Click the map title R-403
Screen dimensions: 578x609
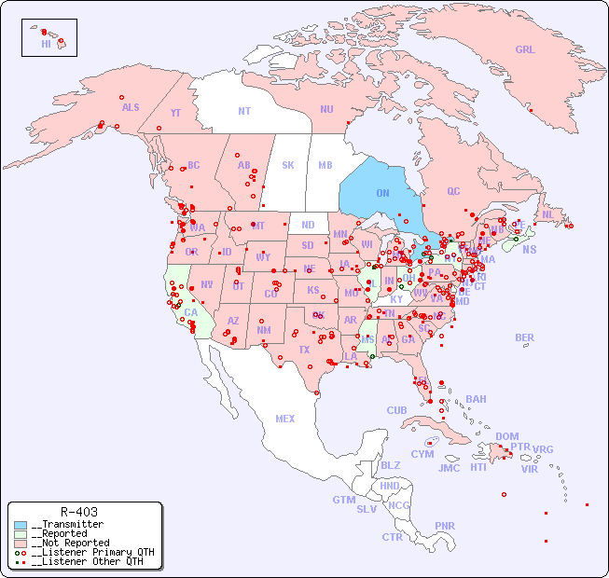tap(78, 512)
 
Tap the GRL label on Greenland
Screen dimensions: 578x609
tap(525, 50)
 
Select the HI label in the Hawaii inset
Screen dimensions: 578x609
tap(46, 43)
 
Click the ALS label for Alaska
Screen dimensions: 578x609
tap(131, 107)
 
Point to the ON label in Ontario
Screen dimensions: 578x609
tap(382, 193)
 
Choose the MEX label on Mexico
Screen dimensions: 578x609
tap(285, 419)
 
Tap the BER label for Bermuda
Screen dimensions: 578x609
tap(524, 337)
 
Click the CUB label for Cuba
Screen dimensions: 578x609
tap(396, 410)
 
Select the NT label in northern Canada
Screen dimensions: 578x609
tap(243, 110)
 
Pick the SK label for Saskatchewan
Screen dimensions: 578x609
tap(288, 165)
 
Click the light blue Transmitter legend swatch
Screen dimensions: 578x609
tap(21, 525)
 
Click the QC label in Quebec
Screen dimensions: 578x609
tap(453, 191)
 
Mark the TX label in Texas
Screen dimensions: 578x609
tap(303, 350)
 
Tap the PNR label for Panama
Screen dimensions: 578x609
tap(445, 526)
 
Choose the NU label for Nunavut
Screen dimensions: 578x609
tap(326, 109)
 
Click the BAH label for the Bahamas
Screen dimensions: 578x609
tap(476, 399)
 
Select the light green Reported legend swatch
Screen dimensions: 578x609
tap(21, 534)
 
